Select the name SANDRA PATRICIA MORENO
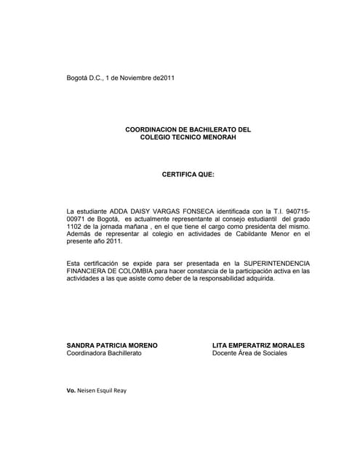[112, 345]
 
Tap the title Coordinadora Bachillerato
[104, 353]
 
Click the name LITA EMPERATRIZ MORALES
[258, 345]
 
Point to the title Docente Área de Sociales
[249, 353]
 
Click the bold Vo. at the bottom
[71, 391]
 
